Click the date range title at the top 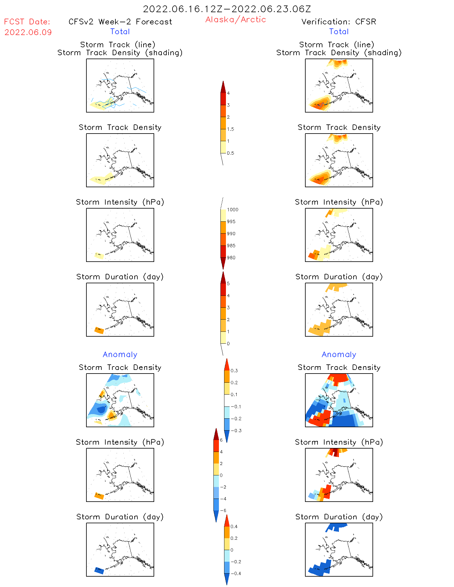click(x=227, y=9)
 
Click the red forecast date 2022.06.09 click(x=28, y=32)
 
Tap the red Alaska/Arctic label click(x=235, y=20)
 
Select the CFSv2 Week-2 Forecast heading click(x=120, y=22)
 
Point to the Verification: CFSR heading click(x=339, y=22)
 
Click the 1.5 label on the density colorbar click(x=231, y=129)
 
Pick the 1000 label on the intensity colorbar click(x=232, y=209)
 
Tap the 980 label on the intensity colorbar click(x=231, y=258)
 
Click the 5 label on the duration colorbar click(x=228, y=284)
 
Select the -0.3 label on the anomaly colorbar click(x=236, y=431)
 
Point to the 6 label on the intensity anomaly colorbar click(x=221, y=440)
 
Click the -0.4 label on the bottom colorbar click(x=236, y=573)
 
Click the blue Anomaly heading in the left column click(x=120, y=354)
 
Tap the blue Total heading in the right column click(x=339, y=31)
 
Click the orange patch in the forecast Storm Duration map click(x=99, y=330)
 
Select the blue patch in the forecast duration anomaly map click(x=99, y=570)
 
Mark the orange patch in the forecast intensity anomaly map click(x=99, y=496)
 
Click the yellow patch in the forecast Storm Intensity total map click(x=99, y=256)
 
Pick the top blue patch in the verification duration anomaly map click(x=336, y=527)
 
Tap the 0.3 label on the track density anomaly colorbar click(x=234, y=370)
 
